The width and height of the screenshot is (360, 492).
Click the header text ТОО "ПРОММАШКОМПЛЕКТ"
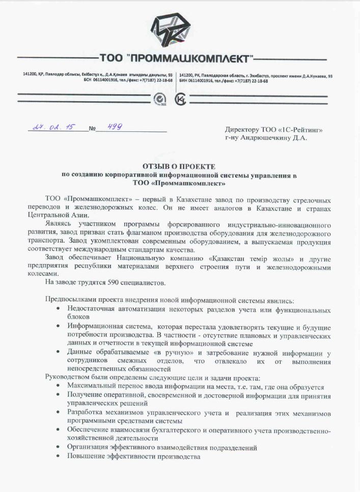pos(176,57)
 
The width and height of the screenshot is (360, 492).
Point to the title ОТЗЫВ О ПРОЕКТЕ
pos(179,167)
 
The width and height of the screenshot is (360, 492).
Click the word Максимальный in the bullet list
pos(92,387)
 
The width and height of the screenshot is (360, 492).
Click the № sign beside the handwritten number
pos(92,129)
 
